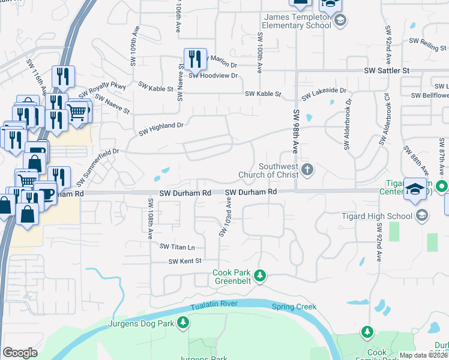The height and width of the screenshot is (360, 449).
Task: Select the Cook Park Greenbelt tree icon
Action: [259, 275]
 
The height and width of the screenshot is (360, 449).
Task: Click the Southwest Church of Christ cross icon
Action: [307, 170]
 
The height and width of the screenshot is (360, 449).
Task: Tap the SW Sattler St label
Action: [387, 71]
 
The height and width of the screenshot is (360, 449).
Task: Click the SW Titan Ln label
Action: [177, 247]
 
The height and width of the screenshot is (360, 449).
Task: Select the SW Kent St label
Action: [184, 261]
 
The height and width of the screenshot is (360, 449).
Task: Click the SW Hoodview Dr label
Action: [213, 76]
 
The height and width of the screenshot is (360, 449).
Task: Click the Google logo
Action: [20, 353]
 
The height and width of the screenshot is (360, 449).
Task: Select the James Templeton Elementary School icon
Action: [340, 22]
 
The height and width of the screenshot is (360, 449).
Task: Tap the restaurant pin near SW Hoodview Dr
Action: [194, 58]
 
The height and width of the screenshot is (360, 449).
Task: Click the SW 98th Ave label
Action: [296, 131]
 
